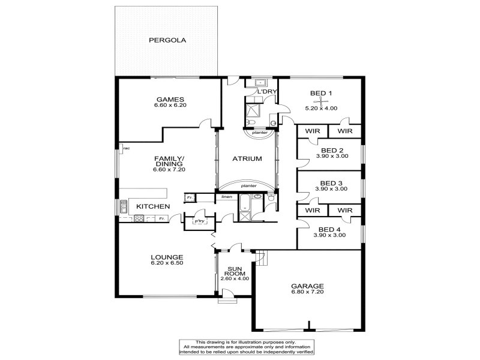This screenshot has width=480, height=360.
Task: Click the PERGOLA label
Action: click(x=167, y=40)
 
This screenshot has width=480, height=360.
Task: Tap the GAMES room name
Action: click(x=170, y=99)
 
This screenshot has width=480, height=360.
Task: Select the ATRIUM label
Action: click(x=247, y=158)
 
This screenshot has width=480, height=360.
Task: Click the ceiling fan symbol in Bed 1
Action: click(x=321, y=101)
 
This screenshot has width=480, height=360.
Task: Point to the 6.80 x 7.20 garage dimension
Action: click(x=307, y=292)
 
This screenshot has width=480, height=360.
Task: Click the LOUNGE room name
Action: click(x=167, y=257)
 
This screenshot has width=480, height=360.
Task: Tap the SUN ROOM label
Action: click(x=235, y=271)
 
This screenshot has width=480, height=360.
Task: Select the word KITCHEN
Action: click(x=153, y=206)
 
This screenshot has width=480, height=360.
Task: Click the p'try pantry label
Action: click(x=200, y=221)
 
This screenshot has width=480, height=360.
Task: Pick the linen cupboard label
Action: click(x=227, y=197)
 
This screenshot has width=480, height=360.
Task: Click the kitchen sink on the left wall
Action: click(x=124, y=206)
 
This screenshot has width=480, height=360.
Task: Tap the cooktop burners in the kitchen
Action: click(x=139, y=218)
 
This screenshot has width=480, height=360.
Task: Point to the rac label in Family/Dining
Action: click(x=127, y=148)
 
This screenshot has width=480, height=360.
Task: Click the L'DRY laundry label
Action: click(x=267, y=92)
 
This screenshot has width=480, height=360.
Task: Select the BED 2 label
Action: click(x=332, y=151)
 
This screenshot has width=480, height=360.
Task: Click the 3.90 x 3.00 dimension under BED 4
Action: click(x=329, y=235)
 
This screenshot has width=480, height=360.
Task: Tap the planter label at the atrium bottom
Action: click(x=248, y=186)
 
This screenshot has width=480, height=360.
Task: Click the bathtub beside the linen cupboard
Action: click(x=245, y=202)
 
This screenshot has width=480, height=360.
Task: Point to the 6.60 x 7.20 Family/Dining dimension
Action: click(x=169, y=169)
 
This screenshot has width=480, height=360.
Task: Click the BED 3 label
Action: click(x=331, y=184)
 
